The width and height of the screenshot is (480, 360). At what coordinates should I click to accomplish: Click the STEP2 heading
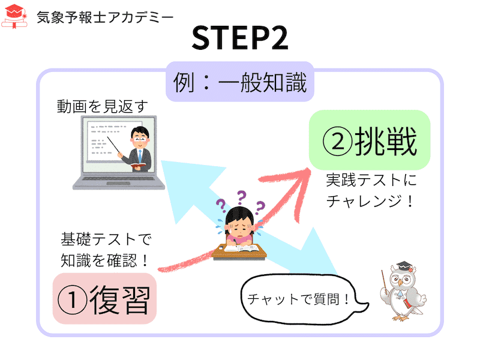240,38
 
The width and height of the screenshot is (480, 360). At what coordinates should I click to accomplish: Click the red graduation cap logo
14,17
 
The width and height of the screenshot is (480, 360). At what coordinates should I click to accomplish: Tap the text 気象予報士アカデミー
105,17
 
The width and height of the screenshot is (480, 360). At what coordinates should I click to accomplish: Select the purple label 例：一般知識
240,82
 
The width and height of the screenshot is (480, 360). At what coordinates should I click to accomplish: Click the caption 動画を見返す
103,107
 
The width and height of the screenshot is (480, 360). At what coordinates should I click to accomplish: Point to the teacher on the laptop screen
139,149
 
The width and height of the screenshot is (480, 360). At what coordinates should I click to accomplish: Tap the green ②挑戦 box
370,140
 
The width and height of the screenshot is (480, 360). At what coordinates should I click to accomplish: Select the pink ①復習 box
104,299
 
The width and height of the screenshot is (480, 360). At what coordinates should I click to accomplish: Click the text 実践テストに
371,179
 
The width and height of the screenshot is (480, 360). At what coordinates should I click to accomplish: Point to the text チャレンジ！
370,201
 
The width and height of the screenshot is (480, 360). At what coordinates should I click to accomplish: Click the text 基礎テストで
106,239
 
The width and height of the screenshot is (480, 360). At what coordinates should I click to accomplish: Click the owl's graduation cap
404,266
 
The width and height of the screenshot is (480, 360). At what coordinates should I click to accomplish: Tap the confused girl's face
239,227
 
